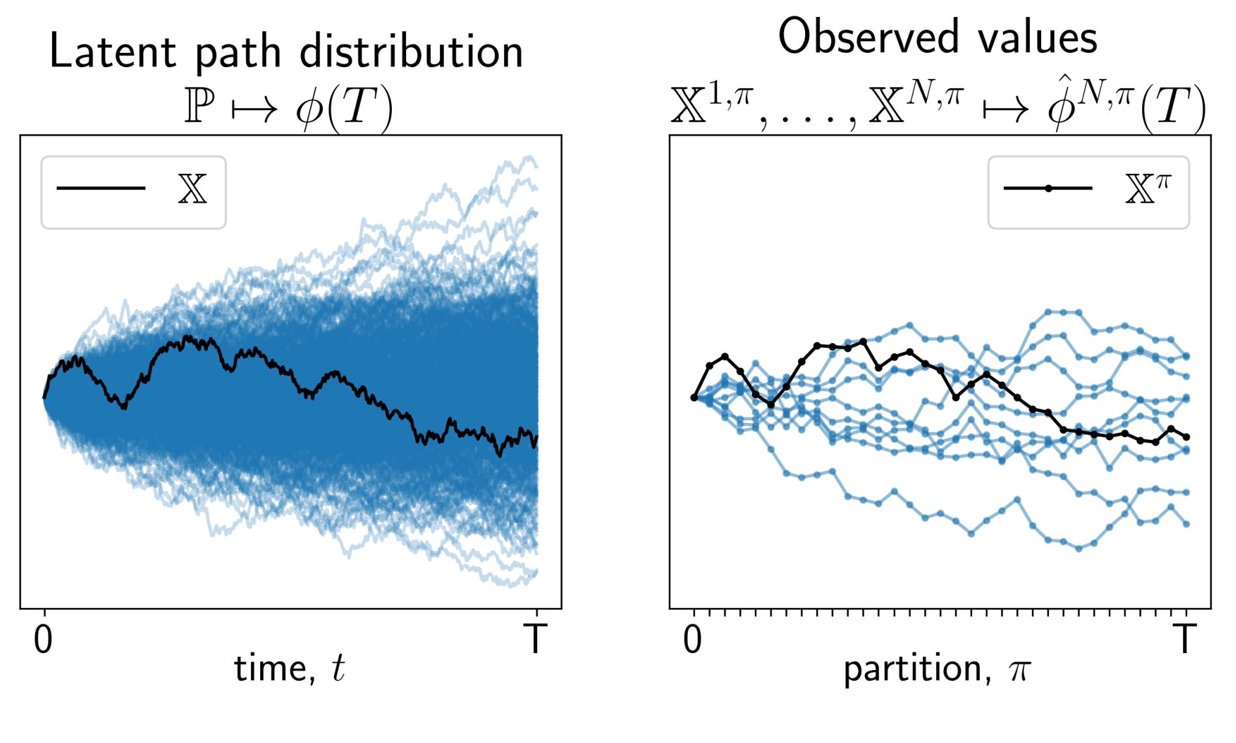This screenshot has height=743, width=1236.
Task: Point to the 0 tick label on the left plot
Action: click(x=43, y=639)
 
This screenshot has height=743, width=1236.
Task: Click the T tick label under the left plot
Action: click(x=535, y=639)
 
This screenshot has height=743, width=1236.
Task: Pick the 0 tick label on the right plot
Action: click(x=693, y=639)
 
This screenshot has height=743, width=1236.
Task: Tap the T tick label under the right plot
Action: click(x=1185, y=639)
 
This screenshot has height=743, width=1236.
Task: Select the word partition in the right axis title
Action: click(x=913, y=669)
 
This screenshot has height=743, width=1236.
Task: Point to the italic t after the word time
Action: click(x=338, y=669)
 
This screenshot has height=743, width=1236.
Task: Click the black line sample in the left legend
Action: click(x=101, y=188)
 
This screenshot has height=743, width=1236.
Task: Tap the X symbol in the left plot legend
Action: click(x=192, y=189)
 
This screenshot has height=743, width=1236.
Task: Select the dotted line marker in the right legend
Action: click(x=1048, y=188)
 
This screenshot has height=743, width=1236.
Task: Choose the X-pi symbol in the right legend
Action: click(x=1147, y=188)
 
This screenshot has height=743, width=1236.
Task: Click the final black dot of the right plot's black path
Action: click(x=1186, y=437)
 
